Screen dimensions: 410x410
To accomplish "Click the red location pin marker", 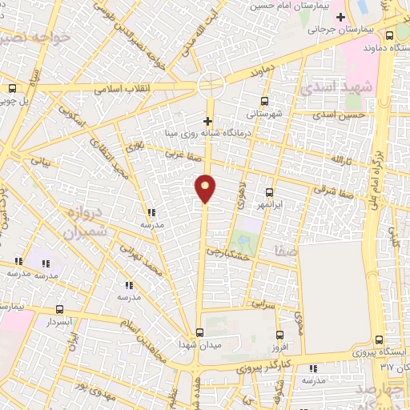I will [x=206, y=187].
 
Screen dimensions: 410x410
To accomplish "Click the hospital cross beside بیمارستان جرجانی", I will [x=341, y=16].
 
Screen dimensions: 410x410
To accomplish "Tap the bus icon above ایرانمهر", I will [x=269, y=192].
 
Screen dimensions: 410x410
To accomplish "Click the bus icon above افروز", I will [x=278, y=336].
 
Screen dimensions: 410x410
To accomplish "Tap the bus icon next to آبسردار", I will [x=59, y=309].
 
